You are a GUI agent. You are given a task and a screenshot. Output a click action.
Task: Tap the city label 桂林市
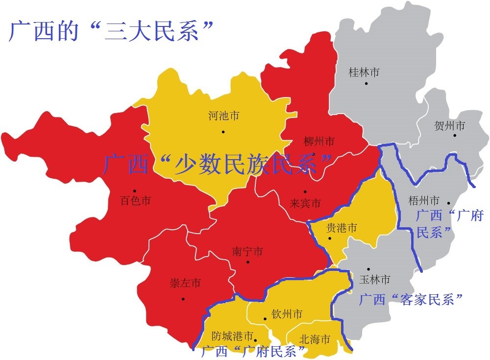364,72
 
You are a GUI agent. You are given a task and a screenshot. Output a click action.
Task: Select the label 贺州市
449,126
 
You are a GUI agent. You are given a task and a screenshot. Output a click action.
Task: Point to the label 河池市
223,116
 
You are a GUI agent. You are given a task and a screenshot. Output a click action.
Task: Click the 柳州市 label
319,142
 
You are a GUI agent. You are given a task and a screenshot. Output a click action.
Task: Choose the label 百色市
135,200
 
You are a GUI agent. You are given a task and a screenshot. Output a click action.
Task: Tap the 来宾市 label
305,203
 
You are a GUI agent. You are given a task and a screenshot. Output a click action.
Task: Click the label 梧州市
424,200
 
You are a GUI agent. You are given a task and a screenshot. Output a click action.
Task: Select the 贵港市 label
342,228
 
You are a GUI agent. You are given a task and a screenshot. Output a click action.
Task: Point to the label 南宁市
247,252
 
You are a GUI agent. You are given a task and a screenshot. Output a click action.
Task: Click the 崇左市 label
185,283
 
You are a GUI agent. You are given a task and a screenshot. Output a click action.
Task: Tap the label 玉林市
375,279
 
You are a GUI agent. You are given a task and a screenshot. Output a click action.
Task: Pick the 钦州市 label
287,314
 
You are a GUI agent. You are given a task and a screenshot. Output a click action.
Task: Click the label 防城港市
232,336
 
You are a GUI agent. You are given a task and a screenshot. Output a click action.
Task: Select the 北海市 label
314,339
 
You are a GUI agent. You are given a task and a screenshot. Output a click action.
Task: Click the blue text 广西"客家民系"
411,299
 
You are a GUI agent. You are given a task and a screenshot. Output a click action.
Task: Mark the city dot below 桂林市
366,84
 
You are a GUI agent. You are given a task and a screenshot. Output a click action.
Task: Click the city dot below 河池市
223,131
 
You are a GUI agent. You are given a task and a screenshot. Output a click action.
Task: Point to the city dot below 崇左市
183,298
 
